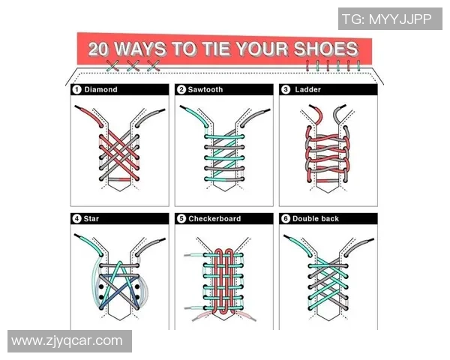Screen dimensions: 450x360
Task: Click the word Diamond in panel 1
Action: point(100,89)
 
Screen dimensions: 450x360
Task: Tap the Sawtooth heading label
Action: point(205,89)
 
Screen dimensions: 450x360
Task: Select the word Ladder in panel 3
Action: point(308,89)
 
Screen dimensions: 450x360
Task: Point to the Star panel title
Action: point(91,219)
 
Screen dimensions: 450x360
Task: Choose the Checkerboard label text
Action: point(214,219)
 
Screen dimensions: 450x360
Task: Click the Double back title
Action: point(316,219)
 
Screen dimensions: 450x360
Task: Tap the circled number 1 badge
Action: point(76,89)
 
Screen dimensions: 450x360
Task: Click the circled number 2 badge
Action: point(181,89)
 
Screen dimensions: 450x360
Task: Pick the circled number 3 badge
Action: point(286,89)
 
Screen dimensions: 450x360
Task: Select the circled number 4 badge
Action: point(76,219)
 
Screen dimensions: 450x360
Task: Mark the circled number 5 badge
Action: point(181,219)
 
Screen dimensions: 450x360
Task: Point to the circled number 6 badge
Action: point(286,219)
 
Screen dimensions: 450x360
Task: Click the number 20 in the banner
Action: point(98,49)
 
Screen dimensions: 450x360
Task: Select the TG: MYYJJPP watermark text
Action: point(387,19)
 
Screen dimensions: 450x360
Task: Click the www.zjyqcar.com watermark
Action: point(67,340)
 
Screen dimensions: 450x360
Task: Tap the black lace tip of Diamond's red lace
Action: point(78,107)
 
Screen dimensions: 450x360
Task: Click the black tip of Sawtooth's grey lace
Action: point(266,110)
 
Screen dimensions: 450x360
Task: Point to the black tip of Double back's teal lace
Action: point(287,237)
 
